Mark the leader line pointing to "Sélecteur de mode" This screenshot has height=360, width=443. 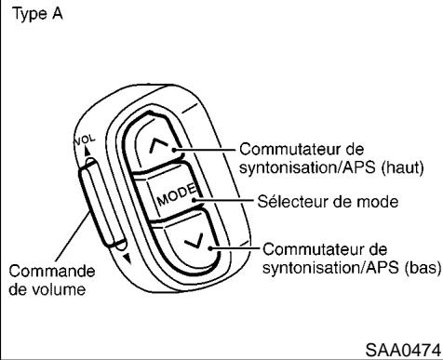[223, 199]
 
